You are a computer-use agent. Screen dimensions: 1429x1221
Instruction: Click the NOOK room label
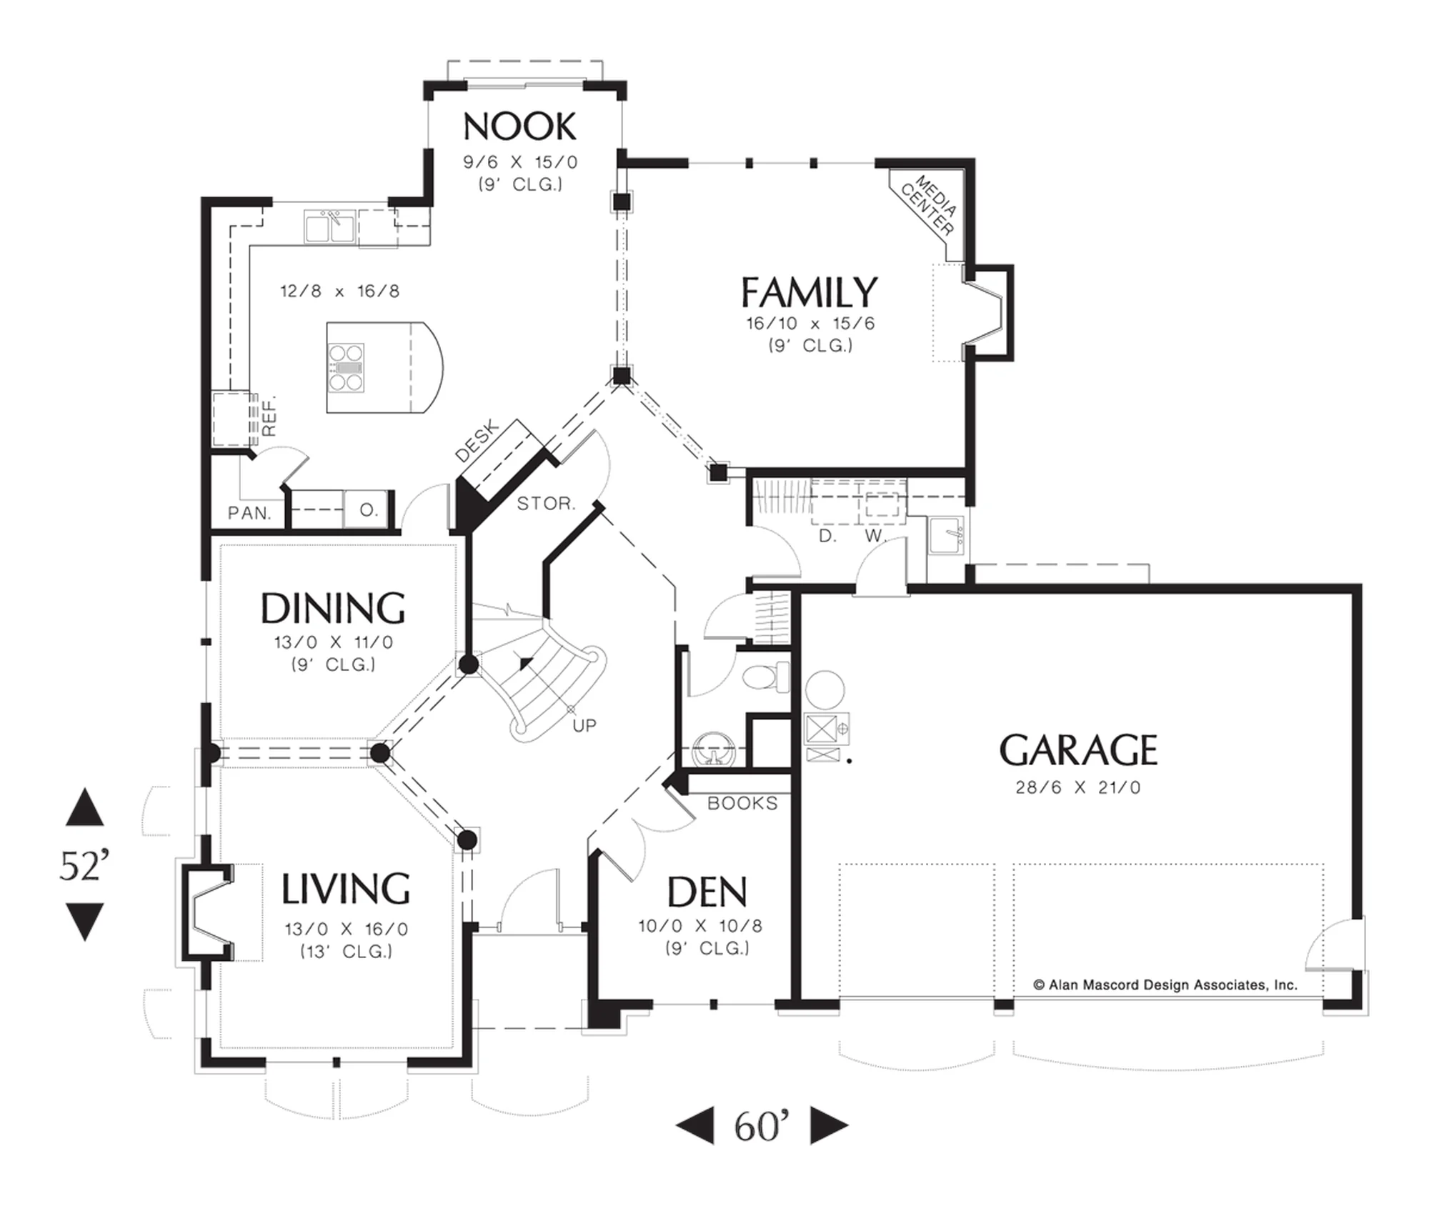519,127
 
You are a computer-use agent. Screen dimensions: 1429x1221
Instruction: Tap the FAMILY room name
809,292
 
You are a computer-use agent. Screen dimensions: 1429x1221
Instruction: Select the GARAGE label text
1078,750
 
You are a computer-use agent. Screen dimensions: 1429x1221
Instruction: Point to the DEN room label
707,892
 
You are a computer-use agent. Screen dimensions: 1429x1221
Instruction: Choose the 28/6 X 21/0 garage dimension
1078,787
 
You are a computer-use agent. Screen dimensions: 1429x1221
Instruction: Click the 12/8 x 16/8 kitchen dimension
339,291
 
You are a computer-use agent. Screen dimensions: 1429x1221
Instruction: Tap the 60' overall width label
762,1127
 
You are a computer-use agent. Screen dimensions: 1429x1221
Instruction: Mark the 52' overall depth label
84,866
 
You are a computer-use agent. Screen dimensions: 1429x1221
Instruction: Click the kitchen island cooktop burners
346,368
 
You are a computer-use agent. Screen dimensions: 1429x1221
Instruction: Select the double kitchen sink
330,226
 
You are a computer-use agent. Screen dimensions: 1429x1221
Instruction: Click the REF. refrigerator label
269,415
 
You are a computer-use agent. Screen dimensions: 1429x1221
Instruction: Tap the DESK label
477,442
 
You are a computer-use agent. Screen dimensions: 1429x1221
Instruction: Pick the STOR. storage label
546,504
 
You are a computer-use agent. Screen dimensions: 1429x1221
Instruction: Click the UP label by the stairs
584,725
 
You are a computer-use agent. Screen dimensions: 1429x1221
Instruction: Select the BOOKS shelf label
742,803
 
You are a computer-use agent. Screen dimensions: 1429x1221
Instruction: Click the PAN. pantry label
249,513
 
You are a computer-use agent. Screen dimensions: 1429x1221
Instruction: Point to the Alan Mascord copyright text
1165,985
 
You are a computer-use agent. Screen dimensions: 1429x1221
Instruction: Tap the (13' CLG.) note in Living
347,951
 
